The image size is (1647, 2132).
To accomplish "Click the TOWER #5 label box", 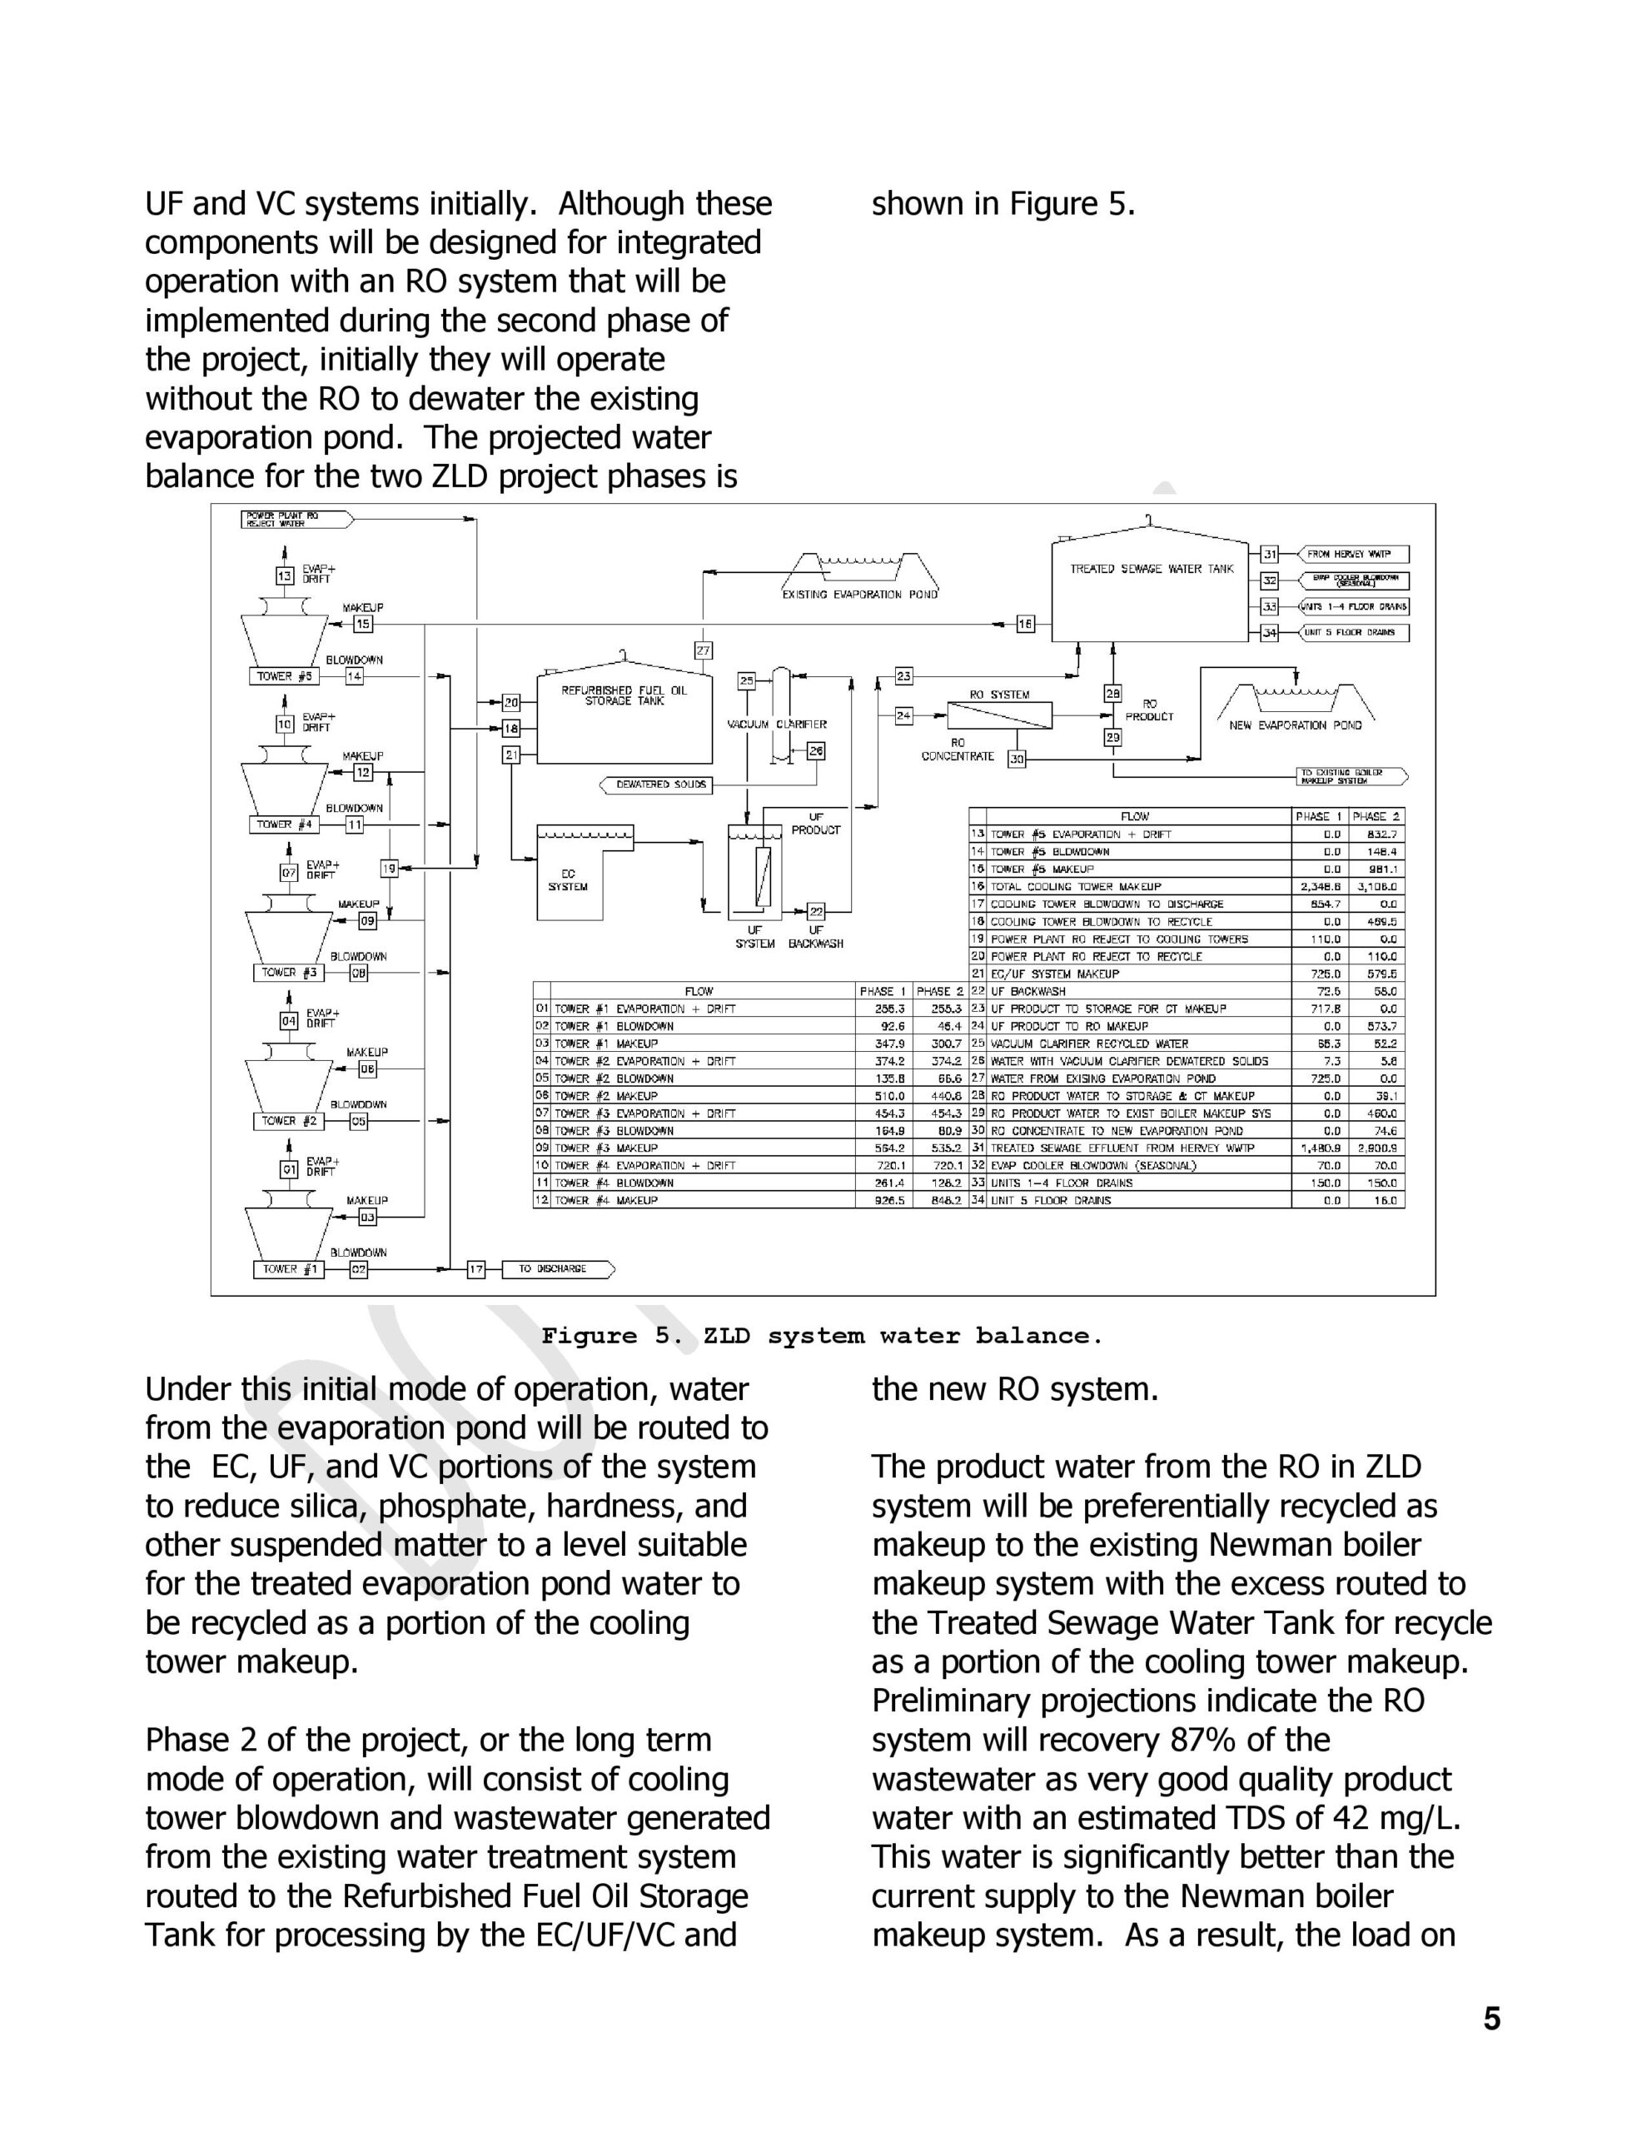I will [284, 676].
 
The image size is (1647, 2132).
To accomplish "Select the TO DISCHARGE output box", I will [556, 1269].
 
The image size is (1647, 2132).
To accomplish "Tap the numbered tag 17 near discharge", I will [476, 1269].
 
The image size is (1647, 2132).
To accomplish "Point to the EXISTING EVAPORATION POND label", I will [859, 595].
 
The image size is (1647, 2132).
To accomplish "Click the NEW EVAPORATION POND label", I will [1295, 725].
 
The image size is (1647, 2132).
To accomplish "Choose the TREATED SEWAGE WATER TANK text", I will [1151, 569].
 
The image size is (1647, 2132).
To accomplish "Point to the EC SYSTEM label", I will [568, 879].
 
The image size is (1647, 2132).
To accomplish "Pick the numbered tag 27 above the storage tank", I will [703, 650].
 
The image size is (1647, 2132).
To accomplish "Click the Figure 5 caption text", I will [822, 1337].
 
